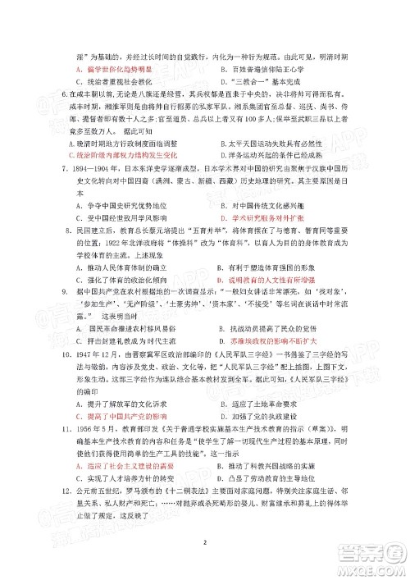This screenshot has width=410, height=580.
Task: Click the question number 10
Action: pyautogui.click(x=67, y=372)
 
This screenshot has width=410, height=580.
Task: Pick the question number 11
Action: pyautogui.click(x=67, y=441)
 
